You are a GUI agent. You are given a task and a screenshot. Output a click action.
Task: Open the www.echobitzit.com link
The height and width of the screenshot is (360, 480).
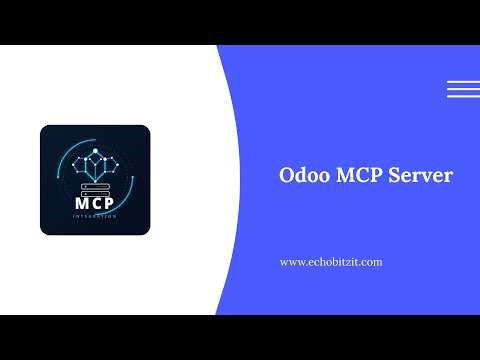click(330, 261)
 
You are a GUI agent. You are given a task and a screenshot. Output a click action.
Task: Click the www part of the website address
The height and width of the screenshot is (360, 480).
click(291, 262)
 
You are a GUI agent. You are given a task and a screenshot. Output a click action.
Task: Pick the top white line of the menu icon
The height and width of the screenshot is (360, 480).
click(462, 81)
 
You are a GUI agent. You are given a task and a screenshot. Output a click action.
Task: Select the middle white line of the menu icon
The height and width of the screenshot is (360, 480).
click(462, 89)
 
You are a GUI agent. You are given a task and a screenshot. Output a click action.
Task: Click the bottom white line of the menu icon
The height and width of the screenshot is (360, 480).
click(462, 96)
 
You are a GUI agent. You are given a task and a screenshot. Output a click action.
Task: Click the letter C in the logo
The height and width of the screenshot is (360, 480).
click(96, 203)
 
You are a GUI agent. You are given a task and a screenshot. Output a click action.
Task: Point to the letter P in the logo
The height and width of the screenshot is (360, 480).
click(112, 203)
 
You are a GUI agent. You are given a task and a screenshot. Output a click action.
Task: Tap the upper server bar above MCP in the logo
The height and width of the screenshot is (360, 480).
click(96, 183)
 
